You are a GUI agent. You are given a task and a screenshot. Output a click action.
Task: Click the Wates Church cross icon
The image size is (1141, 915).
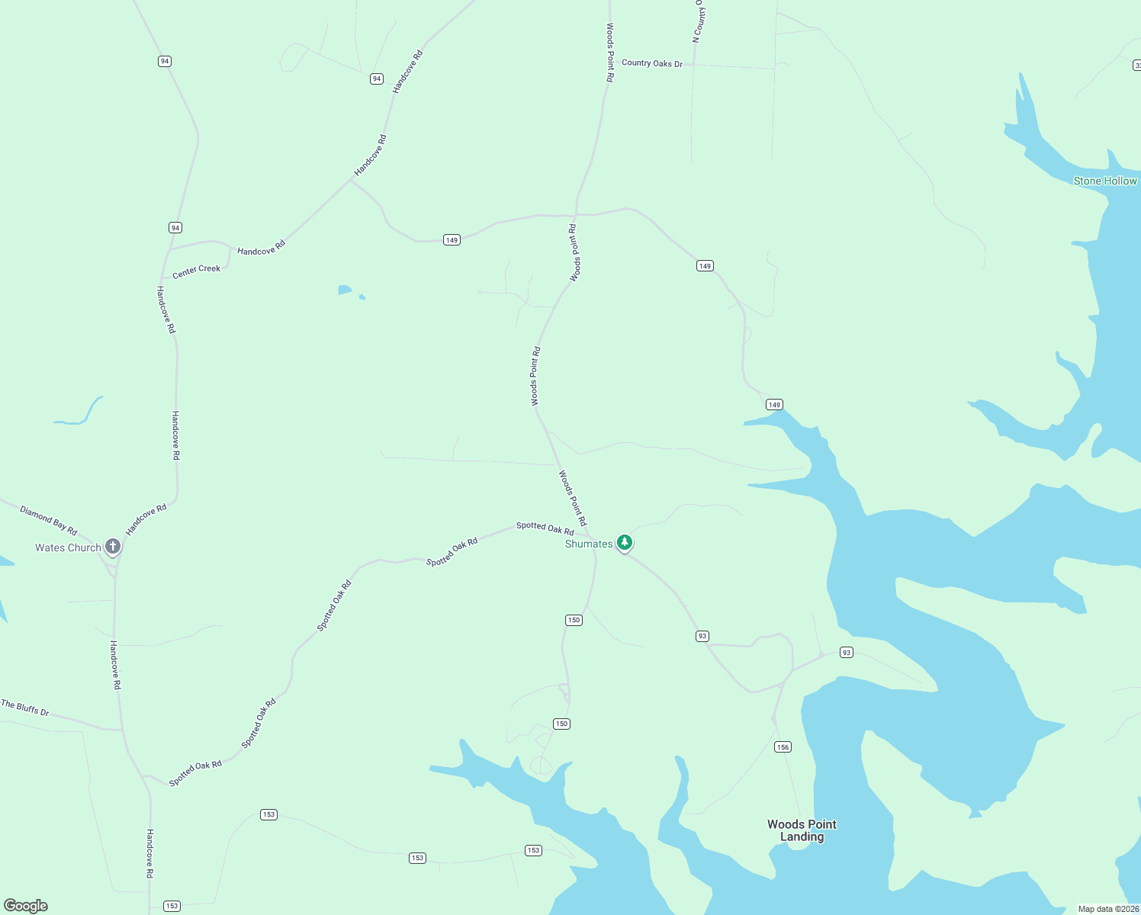(113, 546)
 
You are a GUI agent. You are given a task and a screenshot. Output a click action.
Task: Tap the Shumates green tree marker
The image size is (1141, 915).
(625, 542)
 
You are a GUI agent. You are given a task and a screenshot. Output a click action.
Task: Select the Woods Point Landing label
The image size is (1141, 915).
(802, 830)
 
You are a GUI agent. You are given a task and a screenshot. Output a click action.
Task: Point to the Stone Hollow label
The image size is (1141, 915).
(1105, 181)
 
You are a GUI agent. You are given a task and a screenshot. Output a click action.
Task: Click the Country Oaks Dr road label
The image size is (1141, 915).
(652, 63)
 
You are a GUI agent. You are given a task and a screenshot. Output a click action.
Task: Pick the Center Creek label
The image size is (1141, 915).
(196, 271)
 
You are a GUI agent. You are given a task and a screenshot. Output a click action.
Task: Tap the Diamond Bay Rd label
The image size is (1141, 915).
(48, 520)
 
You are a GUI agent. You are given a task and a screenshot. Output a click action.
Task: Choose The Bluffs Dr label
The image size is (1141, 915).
(25, 708)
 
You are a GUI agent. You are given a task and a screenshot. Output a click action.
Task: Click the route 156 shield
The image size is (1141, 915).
(783, 746)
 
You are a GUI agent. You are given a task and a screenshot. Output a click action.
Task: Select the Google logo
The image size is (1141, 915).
(26, 906)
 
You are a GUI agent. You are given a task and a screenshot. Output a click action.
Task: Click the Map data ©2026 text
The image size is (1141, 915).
(1108, 909)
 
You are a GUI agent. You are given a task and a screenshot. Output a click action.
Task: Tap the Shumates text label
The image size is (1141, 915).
(589, 544)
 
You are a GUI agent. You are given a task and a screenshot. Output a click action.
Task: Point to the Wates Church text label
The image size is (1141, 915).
(68, 547)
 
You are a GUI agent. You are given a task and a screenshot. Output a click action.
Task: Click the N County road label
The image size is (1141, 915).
(699, 21)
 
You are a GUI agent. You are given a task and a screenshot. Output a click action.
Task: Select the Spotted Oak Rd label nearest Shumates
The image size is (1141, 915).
(545, 528)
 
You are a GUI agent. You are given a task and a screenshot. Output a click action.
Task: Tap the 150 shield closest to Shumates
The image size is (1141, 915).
(574, 620)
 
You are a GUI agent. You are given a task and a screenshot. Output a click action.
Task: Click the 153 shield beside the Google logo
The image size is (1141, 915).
(172, 906)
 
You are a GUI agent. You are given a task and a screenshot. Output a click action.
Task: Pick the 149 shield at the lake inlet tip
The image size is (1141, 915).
(774, 404)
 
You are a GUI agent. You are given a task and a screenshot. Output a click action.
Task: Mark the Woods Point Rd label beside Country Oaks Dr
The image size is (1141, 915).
(610, 52)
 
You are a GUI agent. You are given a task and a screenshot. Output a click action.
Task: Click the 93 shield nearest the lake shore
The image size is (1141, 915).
(846, 652)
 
